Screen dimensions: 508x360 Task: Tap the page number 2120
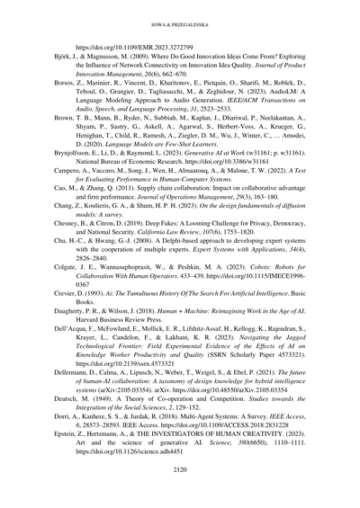click(x=179, y=492)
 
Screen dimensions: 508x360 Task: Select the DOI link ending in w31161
click(x=211, y=215)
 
